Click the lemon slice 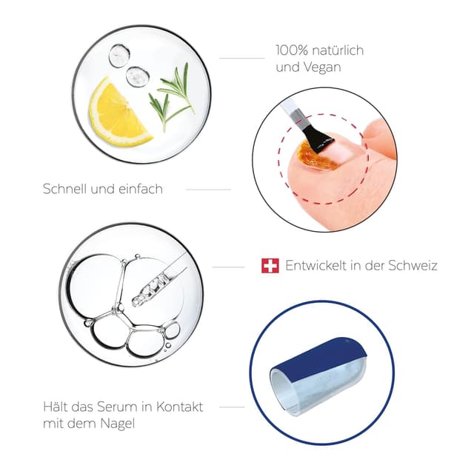click(116, 115)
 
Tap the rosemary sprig click(172, 97)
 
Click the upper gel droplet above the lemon click(119, 56)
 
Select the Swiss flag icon click(270, 266)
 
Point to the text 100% click(291, 50)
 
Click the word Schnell click(65, 189)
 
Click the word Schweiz click(413, 265)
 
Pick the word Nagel click(118, 424)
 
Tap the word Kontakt click(179, 407)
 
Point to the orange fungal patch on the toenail click(314, 155)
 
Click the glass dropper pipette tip click(136, 300)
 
